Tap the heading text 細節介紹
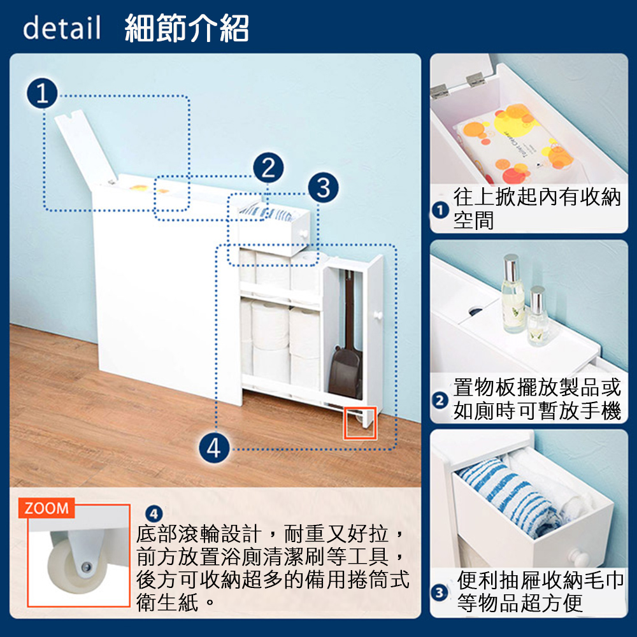tap(187, 28)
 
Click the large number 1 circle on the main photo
tap(42, 93)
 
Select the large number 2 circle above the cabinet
tap(268, 168)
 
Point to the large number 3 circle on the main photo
tap(323, 187)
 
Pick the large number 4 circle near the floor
tap(214, 448)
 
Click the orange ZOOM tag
tap(47, 508)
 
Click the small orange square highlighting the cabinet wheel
tap(360, 422)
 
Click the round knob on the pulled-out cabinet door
tap(378, 315)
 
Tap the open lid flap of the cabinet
tap(86, 148)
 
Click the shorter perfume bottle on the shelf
tap(538, 316)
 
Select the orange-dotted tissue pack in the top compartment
tap(514, 143)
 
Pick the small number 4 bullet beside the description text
tap(154, 514)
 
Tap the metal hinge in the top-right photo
tap(476, 79)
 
